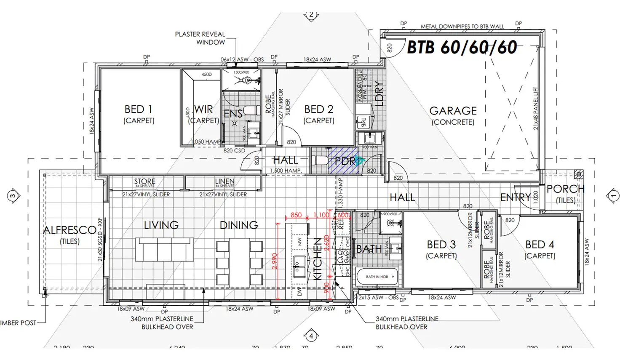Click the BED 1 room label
138,109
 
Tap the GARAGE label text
453,111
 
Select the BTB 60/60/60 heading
462,47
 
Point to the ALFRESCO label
69,230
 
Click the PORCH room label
565,189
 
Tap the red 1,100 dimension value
321,215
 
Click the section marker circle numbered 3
13,196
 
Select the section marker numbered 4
311,336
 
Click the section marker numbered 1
613,196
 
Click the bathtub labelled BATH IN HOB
377,277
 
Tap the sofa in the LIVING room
165,250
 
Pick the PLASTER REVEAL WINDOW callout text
200,38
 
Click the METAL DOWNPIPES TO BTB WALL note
462,26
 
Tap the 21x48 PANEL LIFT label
536,108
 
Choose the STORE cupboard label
144,181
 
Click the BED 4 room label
540,245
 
